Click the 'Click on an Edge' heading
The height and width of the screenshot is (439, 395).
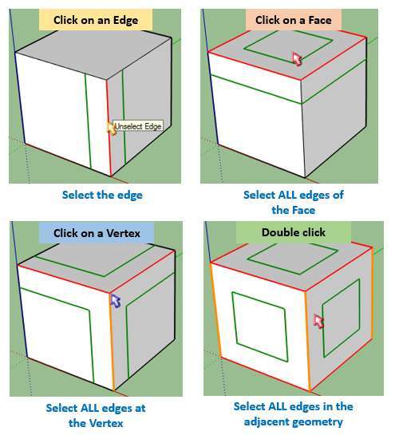tap(96, 20)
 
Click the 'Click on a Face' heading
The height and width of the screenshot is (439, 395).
tap(294, 20)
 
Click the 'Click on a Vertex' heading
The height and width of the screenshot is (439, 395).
tap(97, 233)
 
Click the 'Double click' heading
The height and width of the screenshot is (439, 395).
tap(294, 232)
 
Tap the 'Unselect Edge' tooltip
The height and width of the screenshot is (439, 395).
tap(138, 126)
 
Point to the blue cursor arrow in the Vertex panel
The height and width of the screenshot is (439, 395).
tap(115, 301)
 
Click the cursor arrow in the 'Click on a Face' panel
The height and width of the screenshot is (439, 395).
tap(297, 59)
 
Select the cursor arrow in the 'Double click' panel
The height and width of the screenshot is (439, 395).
tap(318, 321)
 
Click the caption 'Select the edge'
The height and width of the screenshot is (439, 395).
tap(102, 195)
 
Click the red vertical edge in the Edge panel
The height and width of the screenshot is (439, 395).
tap(109, 129)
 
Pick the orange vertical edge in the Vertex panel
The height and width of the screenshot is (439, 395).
tap(112, 342)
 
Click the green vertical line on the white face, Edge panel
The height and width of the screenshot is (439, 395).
tap(88, 121)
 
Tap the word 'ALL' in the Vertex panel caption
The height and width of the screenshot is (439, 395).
tap(90, 408)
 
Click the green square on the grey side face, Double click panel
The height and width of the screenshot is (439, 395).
tap(342, 318)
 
